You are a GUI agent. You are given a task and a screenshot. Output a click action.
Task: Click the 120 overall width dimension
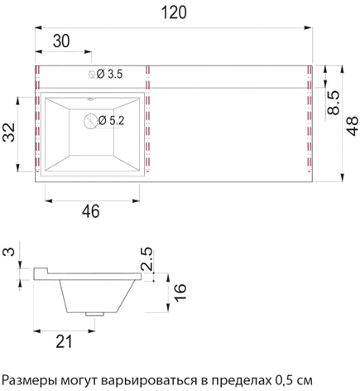[174, 12]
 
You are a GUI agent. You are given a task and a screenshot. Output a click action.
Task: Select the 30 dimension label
[61, 41]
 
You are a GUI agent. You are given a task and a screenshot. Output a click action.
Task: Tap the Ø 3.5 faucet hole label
[110, 74]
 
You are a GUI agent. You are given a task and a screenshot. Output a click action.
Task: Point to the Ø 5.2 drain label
[112, 120]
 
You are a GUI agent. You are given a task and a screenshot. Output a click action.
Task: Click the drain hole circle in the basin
[91, 121]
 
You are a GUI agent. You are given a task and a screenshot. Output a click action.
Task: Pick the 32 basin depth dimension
[9, 133]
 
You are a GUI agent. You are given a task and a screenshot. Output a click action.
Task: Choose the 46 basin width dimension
[91, 211]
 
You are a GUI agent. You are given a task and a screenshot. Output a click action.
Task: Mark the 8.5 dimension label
[334, 103]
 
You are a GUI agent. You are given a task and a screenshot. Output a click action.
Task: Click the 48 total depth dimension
[352, 126]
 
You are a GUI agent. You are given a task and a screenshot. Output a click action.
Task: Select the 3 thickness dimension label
[9, 251]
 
